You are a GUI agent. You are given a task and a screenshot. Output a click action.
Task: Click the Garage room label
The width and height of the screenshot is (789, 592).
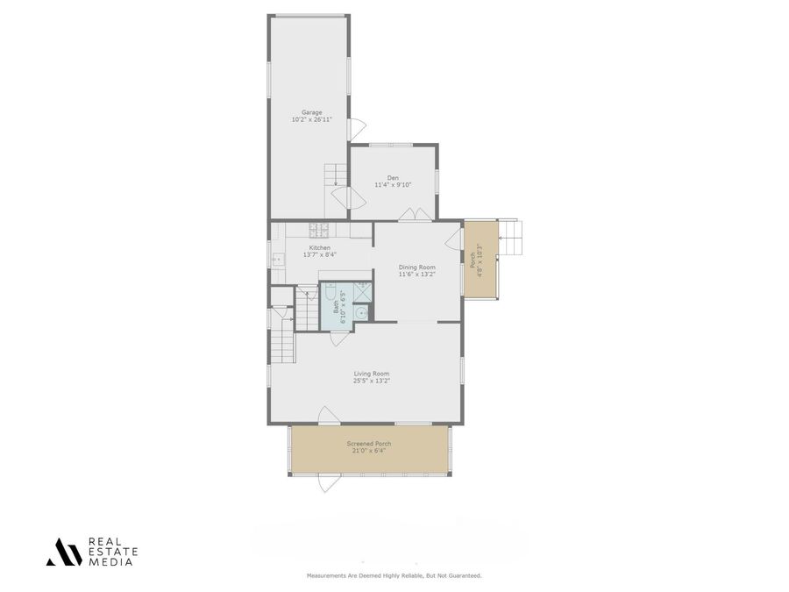pos(311,112)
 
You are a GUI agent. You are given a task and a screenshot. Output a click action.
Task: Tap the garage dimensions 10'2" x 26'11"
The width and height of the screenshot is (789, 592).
pos(311,119)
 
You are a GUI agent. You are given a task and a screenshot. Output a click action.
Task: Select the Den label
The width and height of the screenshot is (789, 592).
pos(393,178)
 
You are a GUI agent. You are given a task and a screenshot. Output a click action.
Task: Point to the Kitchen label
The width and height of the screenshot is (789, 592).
pos(319,248)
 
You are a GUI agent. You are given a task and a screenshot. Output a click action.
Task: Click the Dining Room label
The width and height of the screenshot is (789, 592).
pos(416,267)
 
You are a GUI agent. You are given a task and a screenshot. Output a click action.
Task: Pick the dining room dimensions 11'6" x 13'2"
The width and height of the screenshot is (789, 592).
pos(416,275)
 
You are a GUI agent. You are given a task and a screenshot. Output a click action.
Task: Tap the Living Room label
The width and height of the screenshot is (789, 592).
pos(371,374)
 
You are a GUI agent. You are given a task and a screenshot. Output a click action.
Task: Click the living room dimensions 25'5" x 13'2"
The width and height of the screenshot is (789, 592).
pos(371,381)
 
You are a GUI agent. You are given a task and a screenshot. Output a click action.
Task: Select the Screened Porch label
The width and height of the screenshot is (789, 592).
pos(369,444)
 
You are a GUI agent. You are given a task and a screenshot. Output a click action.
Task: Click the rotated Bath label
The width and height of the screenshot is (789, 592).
pos(335,306)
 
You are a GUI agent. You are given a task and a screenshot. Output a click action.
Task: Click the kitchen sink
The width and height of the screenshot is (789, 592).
pos(276,260)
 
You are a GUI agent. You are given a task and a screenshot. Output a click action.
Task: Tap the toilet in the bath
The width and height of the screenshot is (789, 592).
pos(326,291)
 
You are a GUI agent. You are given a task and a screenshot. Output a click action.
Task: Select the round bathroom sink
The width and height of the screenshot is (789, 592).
pos(359,312)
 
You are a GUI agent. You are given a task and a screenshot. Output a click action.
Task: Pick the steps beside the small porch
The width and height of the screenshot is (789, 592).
pos(510,237)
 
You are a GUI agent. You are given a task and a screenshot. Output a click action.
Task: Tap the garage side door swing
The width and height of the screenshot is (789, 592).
pos(356,130)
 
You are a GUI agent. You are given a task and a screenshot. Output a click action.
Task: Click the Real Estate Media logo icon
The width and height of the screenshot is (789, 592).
pos(63,552)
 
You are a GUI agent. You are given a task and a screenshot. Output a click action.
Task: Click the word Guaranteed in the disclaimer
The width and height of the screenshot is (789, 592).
pos(463,575)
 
